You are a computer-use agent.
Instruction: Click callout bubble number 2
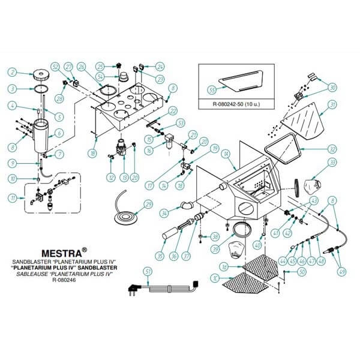11,73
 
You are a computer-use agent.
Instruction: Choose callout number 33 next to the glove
330,162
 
